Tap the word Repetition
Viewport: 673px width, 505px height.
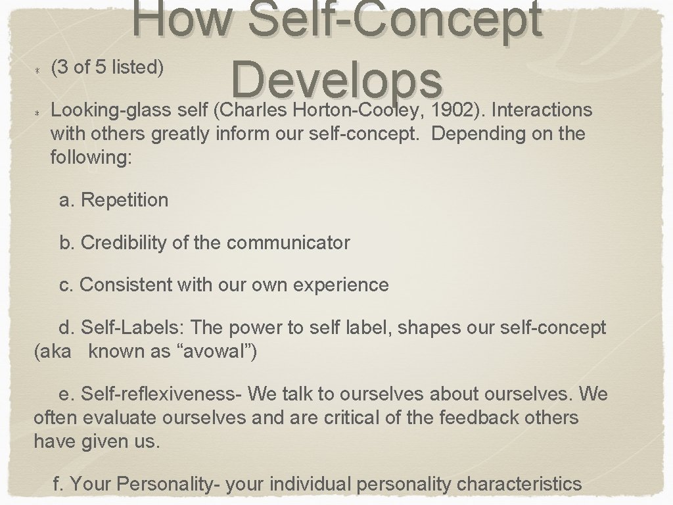124,200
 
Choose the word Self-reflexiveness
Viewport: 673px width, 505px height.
162,394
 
